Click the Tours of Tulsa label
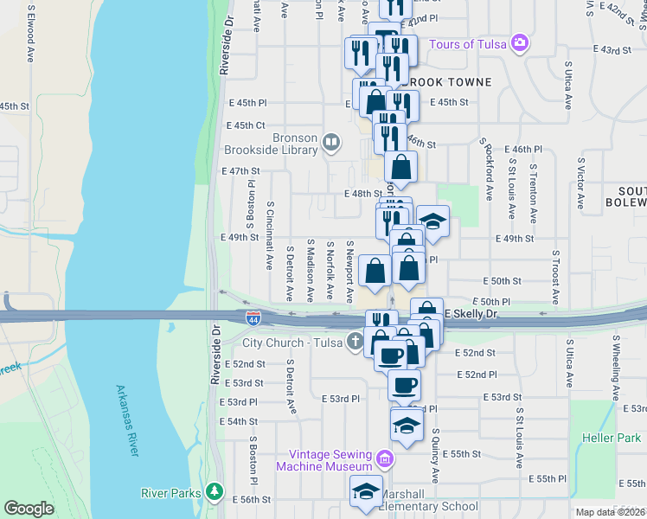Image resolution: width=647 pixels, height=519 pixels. coord(467,44)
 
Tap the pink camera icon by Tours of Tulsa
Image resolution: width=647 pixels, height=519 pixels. coord(519,42)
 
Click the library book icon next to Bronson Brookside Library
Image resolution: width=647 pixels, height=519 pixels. coord(330,141)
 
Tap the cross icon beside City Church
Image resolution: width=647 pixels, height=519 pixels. coord(355,342)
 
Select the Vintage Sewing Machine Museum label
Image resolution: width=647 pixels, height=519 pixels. coord(330,460)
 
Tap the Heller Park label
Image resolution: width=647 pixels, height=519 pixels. coord(612,439)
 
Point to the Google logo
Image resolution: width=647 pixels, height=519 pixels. coord(29,509)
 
